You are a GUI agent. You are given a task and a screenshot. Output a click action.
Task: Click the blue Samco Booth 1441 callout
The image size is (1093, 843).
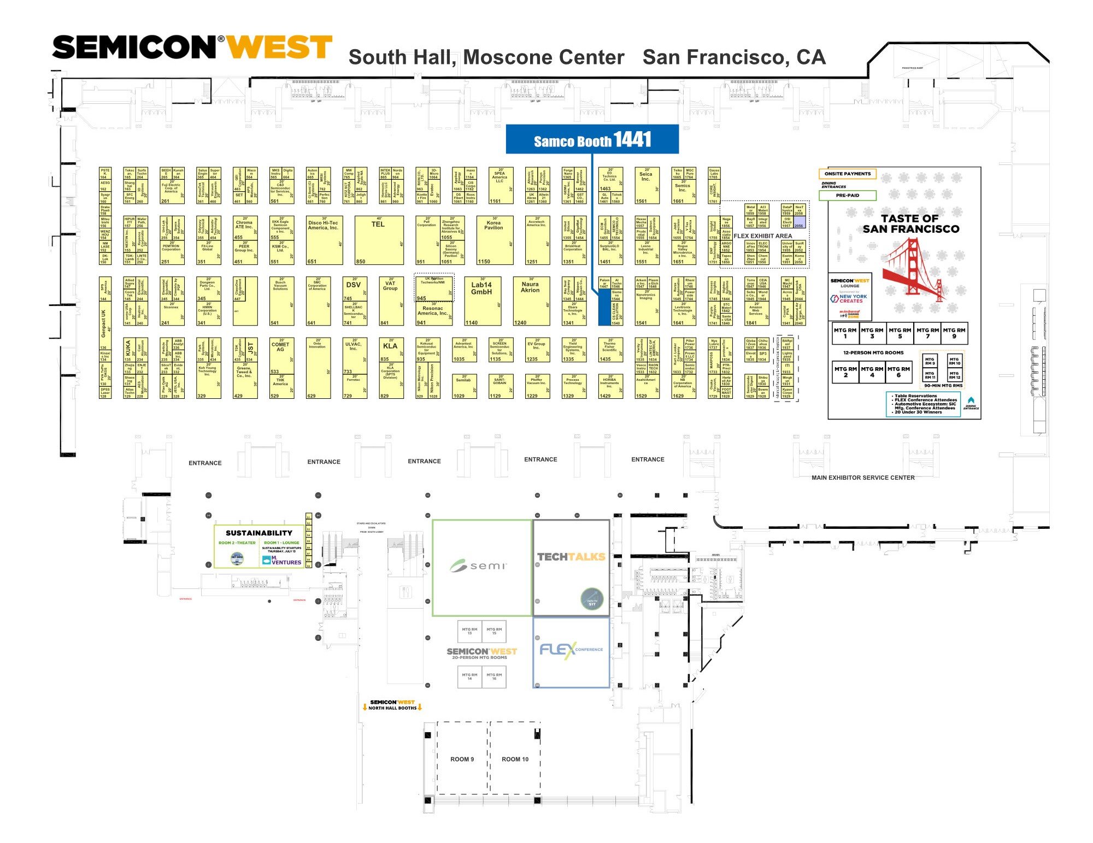click(592, 140)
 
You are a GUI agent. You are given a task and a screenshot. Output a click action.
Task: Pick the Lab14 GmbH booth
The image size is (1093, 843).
click(481, 300)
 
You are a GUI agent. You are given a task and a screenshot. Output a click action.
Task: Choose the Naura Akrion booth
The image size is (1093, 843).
click(531, 300)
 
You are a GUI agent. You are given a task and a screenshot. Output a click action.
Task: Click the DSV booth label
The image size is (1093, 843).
click(353, 285)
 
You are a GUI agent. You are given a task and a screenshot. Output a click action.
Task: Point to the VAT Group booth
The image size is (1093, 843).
click(390, 300)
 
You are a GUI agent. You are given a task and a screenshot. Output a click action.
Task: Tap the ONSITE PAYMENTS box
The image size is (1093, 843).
click(847, 174)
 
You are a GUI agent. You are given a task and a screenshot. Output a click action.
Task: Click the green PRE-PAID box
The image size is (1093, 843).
click(847, 195)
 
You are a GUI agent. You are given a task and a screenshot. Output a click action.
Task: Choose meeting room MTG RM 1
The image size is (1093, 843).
click(845, 333)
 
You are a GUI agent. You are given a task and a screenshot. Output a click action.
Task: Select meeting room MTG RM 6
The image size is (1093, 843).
click(898, 372)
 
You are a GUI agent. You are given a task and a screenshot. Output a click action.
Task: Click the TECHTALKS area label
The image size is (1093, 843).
click(571, 557)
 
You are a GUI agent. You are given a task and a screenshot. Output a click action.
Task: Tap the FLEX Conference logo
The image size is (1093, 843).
click(571, 650)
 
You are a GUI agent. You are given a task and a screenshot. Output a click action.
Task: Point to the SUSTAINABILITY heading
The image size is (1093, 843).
click(259, 533)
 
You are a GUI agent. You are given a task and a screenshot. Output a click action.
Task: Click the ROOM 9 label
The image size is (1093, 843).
click(462, 759)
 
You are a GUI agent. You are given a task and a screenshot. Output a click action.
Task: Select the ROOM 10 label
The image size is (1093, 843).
click(515, 759)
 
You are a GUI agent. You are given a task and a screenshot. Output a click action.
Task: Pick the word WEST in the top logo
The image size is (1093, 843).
click(279, 48)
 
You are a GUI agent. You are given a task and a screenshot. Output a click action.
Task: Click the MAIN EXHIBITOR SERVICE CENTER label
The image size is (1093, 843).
click(863, 477)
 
